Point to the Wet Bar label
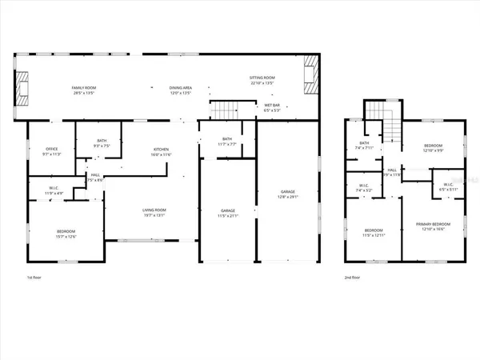(x=271, y=108)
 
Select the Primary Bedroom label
(x=433, y=226)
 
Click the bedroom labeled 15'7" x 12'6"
(x=65, y=234)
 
